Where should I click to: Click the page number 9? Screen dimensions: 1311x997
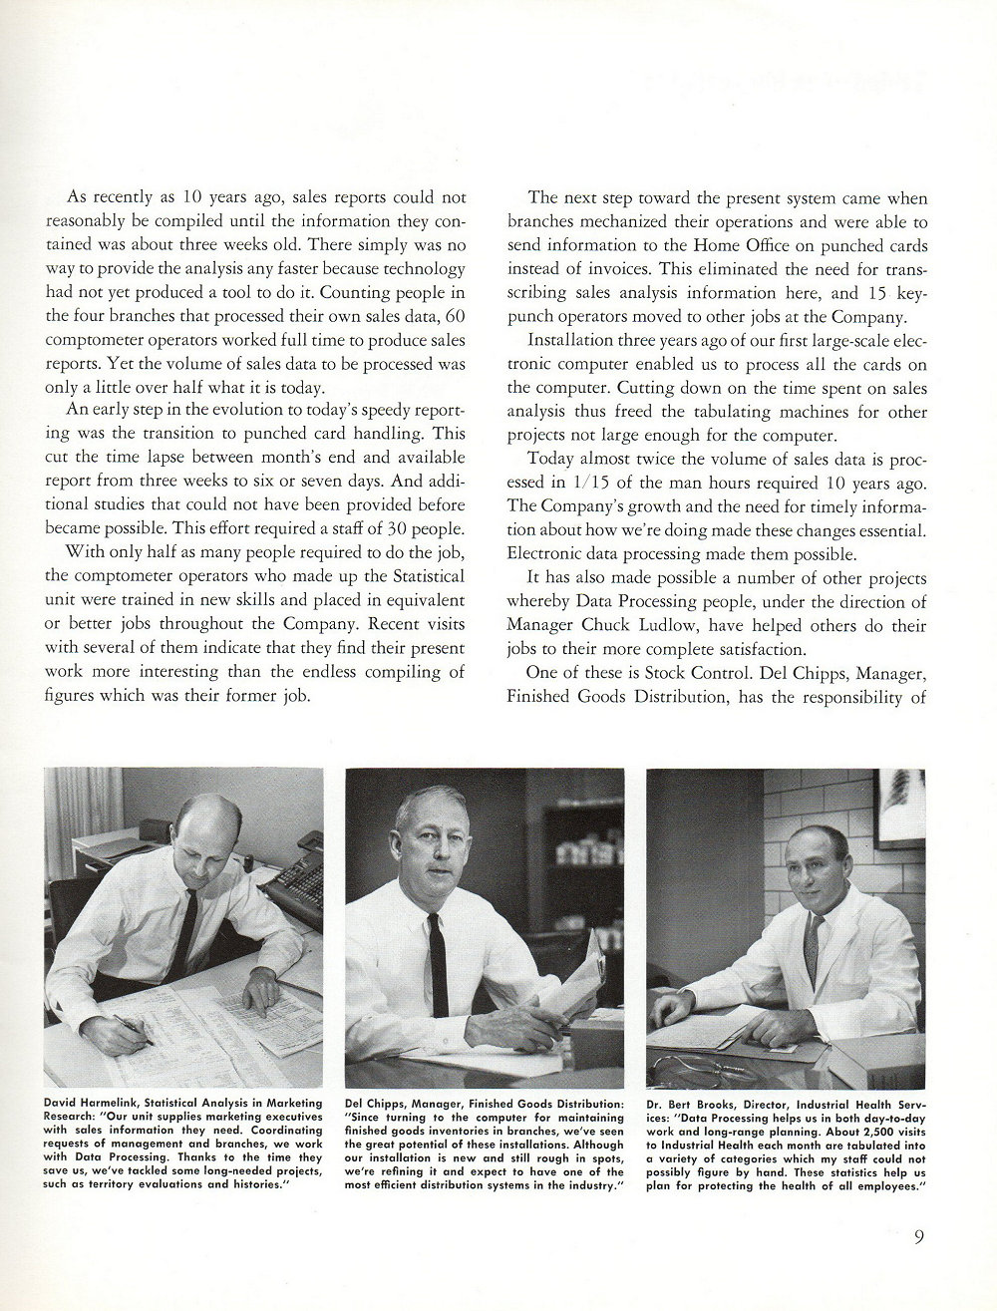point(919,1239)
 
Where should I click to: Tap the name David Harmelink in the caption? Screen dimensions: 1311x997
point(88,1104)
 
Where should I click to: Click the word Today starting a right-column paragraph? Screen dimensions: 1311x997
point(550,460)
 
